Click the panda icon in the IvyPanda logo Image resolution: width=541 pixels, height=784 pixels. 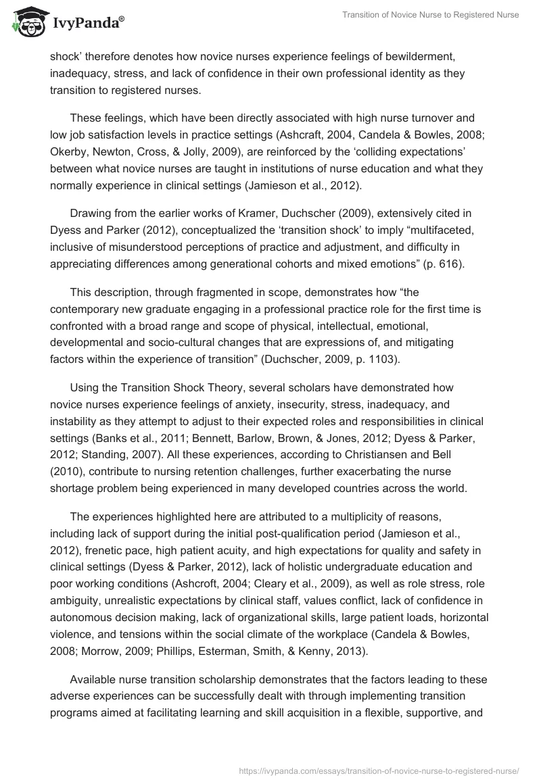pos(28,22)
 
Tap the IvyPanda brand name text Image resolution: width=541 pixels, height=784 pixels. pos(87,23)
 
